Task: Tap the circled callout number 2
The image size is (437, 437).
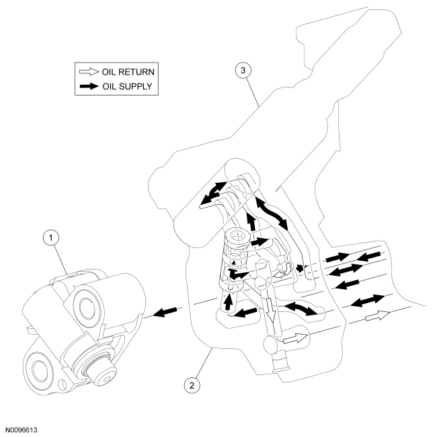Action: click(193, 385)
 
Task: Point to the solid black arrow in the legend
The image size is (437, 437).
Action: click(87, 85)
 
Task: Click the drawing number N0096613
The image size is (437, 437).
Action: click(24, 427)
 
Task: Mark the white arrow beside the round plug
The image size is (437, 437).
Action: click(294, 339)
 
